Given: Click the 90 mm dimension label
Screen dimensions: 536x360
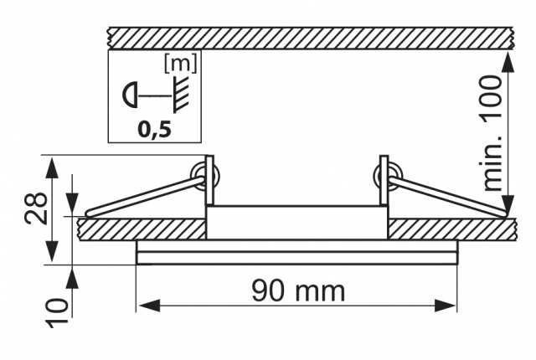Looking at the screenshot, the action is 298,291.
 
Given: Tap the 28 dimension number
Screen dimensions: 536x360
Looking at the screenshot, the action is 36,208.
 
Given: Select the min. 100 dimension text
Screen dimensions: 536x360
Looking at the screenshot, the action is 492,133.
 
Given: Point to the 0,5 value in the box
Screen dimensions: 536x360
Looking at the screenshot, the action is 154,130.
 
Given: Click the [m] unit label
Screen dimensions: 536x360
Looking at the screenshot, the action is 181,63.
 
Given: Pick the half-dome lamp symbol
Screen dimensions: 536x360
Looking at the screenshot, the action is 130,95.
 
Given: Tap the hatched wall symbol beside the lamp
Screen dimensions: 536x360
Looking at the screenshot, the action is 182,95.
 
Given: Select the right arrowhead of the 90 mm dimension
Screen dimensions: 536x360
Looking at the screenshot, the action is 446,306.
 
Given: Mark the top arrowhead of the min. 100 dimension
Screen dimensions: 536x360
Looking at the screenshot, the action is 508,63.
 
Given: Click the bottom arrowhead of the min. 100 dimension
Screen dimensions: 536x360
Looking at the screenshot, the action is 508,206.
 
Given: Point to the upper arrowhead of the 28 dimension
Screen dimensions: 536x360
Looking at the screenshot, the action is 52,167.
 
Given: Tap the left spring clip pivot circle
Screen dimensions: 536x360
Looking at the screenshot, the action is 204,175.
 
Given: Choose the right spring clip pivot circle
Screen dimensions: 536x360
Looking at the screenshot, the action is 388,175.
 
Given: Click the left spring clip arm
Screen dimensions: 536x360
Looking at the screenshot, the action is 145,197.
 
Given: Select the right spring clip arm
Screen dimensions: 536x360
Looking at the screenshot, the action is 447,197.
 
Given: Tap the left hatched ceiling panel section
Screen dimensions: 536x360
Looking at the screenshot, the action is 142,229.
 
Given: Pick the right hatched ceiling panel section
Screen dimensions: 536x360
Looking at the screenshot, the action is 452,229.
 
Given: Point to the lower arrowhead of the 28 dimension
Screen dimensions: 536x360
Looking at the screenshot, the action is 52,251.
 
